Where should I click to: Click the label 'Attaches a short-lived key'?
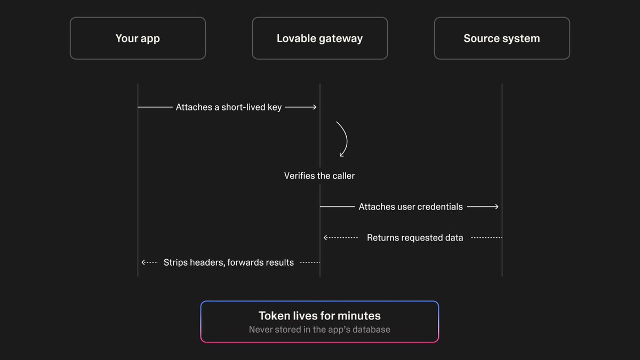click(229, 107)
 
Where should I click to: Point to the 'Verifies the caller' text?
click(319, 175)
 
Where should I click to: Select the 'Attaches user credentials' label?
click(411, 206)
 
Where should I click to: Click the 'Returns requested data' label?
click(415, 238)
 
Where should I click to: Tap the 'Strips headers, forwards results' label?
click(229, 262)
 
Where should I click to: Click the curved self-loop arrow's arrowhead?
click(341, 155)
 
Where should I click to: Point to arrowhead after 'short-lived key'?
click(315, 107)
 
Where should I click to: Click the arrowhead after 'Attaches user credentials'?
click(497, 206)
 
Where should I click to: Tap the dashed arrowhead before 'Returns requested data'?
click(325, 238)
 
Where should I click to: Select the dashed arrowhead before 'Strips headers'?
click(143, 262)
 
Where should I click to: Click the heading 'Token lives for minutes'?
click(319, 316)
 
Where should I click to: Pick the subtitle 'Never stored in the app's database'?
click(319, 330)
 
